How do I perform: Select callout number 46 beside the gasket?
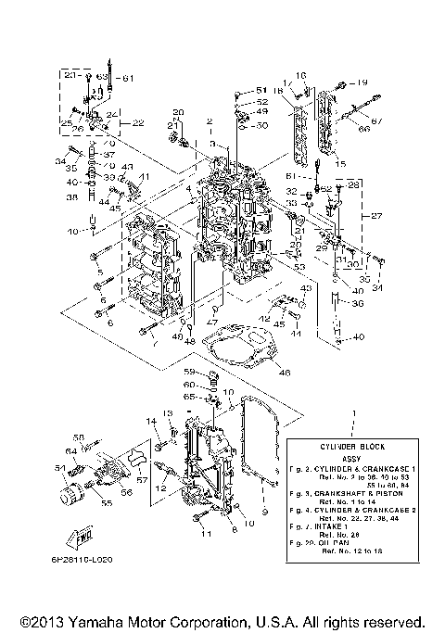284,372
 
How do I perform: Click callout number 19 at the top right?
362,82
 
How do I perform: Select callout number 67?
376,121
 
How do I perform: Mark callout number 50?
262,125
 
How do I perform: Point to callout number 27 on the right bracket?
377,216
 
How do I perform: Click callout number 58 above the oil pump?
80,437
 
